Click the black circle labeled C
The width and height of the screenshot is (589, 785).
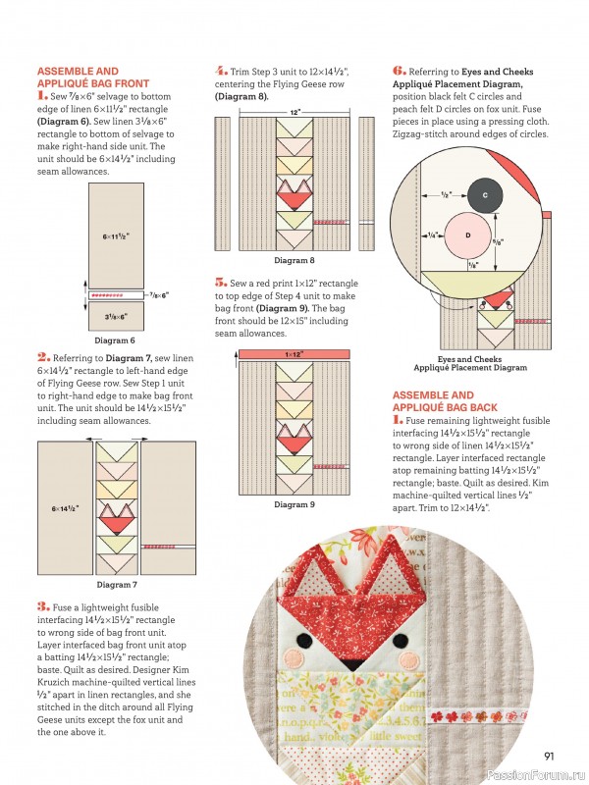click(x=485, y=196)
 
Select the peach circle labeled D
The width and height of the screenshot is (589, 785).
click(x=467, y=235)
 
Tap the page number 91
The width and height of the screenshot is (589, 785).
click(x=552, y=756)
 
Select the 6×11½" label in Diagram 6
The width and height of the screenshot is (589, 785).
click(x=116, y=236)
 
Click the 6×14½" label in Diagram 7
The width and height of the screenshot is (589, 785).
click(x=66, y=509)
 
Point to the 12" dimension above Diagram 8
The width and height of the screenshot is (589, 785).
click(x=294, y=112)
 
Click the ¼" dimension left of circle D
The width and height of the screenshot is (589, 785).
click(x=433, y=235)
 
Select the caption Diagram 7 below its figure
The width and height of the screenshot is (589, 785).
click(x=116, y=585)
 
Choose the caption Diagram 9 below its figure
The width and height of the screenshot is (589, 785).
click(x=294, y=504)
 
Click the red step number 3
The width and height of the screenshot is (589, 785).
click(x=42, y=606)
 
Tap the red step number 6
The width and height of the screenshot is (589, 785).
click(x=399, y=71)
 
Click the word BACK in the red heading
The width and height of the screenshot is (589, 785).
click(x=479, y=406)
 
